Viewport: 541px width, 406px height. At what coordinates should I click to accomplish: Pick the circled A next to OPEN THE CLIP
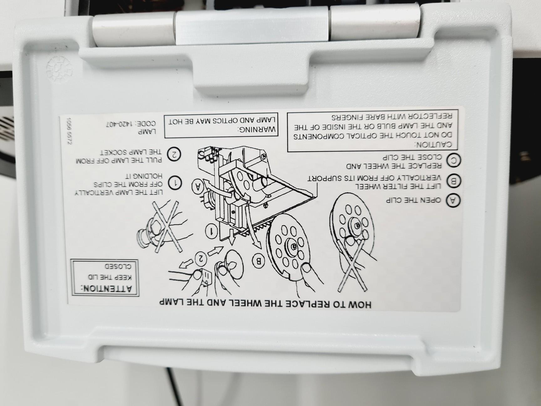tap(453, 200)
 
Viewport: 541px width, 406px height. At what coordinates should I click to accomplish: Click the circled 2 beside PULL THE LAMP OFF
tap(174, 154)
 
